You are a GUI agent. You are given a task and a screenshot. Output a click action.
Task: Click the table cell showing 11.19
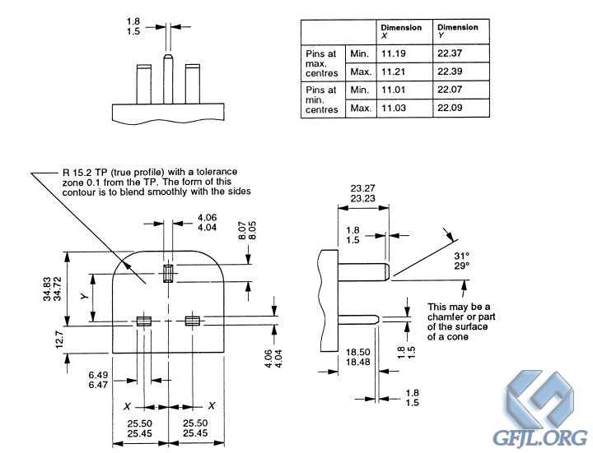[x=404, y=53]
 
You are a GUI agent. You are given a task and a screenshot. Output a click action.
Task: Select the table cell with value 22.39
[x=460, y=72]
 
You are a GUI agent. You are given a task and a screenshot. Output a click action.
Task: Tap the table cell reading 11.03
[x=404, y=108]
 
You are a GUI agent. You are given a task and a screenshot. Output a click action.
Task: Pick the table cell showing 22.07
[x=460, y=90]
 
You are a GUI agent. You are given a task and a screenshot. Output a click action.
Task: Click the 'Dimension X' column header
[x=404, y=32]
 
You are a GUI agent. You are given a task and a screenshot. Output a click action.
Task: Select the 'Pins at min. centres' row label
[x=322, y=99]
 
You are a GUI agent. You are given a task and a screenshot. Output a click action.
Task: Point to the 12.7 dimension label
[x=60, y=339]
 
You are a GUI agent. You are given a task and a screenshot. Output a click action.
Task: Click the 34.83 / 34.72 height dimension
[x=52, y=289]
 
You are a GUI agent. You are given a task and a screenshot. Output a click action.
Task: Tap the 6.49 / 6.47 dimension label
[x=98, y=380]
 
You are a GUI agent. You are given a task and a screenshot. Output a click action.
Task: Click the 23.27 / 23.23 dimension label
[x=362, y=193]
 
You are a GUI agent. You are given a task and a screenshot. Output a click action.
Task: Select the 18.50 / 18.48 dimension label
[x=357, y=357]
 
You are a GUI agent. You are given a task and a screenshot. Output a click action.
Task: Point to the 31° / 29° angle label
[x=461, y=261]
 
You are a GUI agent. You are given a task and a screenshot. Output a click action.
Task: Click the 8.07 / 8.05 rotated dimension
[x=247, y=230]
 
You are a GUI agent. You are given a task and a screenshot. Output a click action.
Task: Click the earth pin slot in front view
[x=168, y=273]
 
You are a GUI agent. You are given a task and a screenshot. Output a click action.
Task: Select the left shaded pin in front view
[x=143, y=321]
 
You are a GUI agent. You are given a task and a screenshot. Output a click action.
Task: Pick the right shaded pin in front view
[x=193, y=321]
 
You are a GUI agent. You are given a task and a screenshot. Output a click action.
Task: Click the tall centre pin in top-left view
[x=168, y=79]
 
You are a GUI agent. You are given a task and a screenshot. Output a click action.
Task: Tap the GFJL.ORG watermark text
[x=539, y=437]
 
